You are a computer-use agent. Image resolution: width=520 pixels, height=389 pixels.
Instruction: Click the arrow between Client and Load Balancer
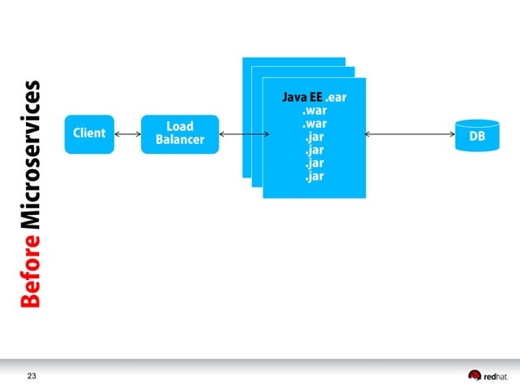128,133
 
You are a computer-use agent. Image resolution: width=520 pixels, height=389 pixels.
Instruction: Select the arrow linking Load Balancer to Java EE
245,133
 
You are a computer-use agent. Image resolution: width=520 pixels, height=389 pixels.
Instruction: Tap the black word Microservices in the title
32,155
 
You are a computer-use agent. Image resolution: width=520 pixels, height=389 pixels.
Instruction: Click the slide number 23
32,375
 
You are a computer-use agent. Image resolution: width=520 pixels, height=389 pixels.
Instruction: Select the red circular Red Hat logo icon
474,375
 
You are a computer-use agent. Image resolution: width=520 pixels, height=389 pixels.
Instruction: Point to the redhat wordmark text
496,376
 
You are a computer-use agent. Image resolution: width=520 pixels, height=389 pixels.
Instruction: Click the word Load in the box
179,126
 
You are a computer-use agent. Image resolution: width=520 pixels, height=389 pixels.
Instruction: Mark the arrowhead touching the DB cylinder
452,133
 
